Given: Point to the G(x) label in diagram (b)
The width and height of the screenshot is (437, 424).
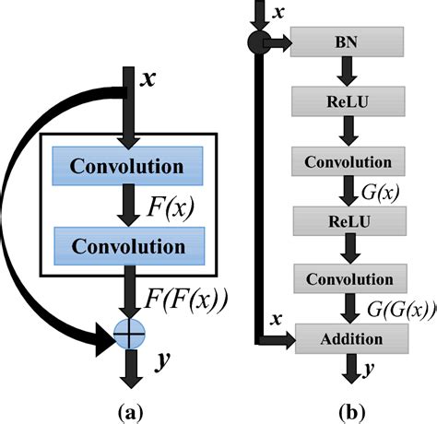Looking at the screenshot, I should click(x=380, y=192).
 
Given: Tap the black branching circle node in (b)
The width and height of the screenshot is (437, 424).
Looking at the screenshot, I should click(x=260, y=42).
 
